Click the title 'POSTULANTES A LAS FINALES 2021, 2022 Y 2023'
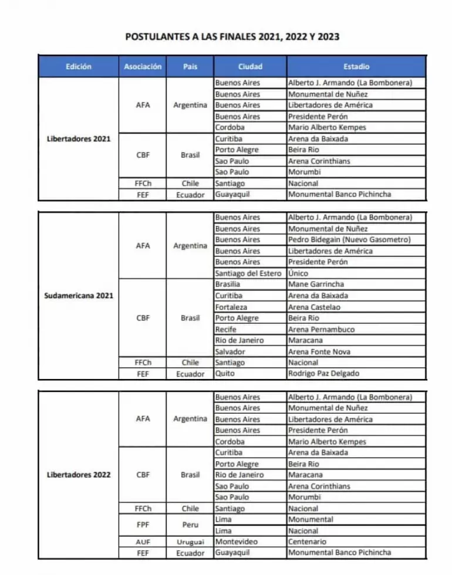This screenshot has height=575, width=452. point(232,36)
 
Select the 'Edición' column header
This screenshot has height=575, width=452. point(79,67)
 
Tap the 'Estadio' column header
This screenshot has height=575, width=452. point(356,67)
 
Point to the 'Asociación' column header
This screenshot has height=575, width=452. point(143,67)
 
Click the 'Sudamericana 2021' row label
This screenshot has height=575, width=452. point(79,296)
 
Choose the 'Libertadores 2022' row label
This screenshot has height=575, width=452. point(79,475)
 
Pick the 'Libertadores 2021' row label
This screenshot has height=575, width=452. point(79,139)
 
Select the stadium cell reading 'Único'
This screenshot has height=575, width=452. point(298,273)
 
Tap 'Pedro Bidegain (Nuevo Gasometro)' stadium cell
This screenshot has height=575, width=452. point(349,239)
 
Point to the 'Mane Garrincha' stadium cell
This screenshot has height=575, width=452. point(316,285)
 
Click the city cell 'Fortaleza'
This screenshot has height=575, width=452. point(232,307)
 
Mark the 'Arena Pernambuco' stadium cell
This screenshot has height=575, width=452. point(321,329)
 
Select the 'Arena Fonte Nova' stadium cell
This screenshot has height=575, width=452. point(319,351)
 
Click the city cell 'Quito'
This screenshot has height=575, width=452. point(225,374)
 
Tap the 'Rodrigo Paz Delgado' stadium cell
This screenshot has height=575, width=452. point(323,374)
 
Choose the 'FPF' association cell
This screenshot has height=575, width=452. point(143,525)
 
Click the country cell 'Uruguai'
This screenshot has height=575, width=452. point(190,542)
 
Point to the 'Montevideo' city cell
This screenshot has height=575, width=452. point(237,542)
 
